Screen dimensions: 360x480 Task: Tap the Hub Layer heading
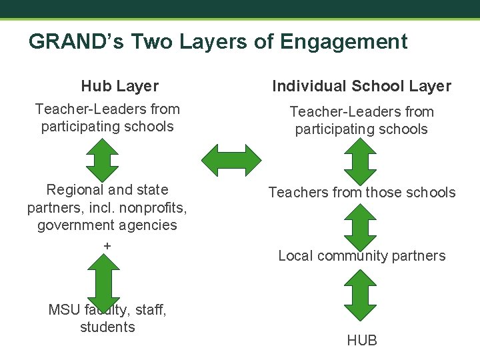(x=119, y=86)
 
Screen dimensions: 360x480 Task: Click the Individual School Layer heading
(x=361, y=86)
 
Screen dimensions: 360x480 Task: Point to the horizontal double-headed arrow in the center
(x=232, y=161)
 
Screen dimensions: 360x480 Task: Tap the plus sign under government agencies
(x=107, y=246)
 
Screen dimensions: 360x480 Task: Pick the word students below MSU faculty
(x=107, y=327)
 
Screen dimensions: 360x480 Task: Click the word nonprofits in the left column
(x=155, y=207)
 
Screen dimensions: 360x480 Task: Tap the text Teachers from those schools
(x=362, y=193)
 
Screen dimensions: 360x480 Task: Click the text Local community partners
(x=362, y=256)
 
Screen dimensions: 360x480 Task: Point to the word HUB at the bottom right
(x=362, y=341)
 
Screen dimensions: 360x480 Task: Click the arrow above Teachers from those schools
(x=362, y=161)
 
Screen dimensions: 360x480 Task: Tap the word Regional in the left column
(x=73, y=190)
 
